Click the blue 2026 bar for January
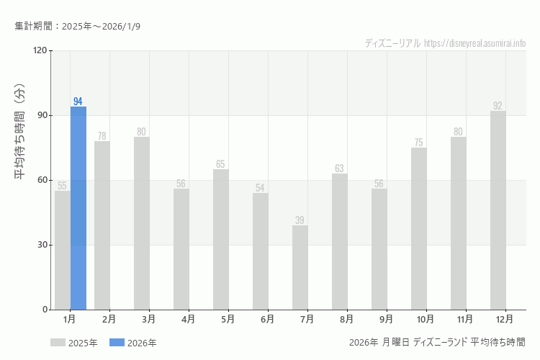tap(78, 208)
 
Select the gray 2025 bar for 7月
tap(300, 267)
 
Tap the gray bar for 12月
tap(498, 210)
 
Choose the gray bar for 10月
tap(419, 228)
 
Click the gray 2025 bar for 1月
tap(63, 250)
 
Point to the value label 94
tap(78, 102)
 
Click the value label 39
tap(300, 220)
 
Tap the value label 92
tap(498, 106)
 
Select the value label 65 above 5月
tap(221, 164)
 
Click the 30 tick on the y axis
tap(42, 245)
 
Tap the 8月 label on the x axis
tap(346, 318)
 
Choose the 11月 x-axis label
tap(465, 318)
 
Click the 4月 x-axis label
tap(188, 318)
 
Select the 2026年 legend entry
tap(133, 343)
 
